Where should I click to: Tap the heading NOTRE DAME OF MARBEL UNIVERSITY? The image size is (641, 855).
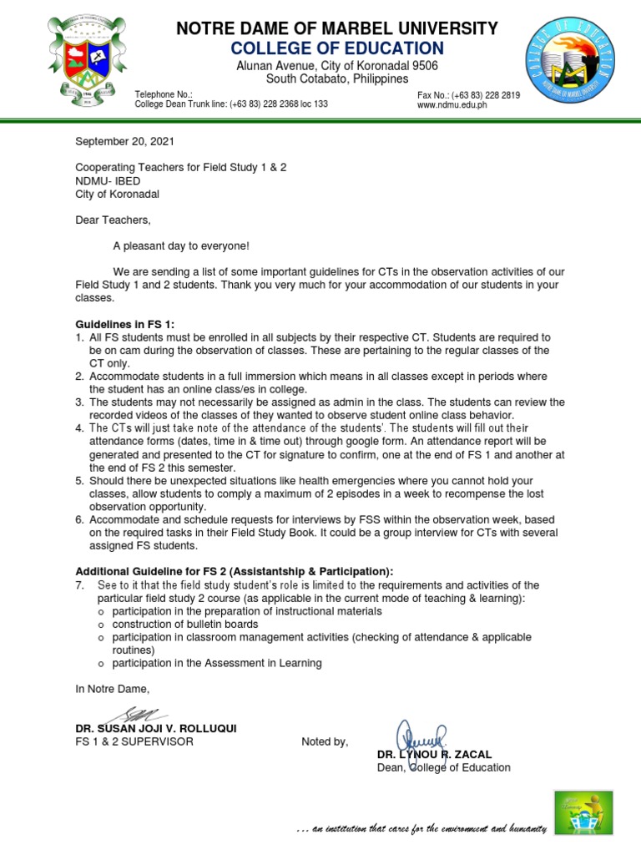337,29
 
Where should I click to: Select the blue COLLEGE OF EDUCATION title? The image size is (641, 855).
337,48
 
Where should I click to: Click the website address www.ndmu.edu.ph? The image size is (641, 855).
452,105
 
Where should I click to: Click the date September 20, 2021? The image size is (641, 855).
125,141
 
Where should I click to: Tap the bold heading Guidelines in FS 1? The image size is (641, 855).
125,324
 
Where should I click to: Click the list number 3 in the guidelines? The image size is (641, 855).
79,402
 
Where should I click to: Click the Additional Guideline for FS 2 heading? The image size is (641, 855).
234,571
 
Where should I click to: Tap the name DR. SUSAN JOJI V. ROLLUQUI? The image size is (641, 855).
156,729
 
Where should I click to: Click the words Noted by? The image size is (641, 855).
325,741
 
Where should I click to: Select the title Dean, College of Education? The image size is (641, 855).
443,767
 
